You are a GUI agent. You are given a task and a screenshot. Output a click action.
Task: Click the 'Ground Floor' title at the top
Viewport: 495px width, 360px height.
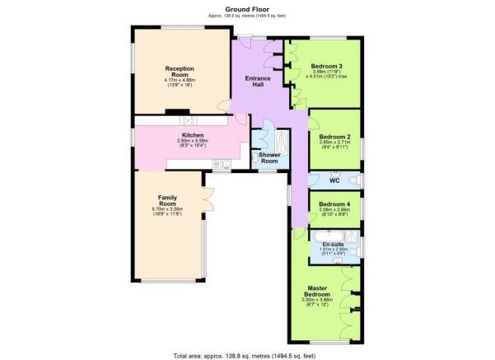coord(247,8)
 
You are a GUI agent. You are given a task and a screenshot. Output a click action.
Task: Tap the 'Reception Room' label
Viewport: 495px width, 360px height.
coord(179,72)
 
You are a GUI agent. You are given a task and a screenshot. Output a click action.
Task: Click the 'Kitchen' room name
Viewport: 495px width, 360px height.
coord(193,135)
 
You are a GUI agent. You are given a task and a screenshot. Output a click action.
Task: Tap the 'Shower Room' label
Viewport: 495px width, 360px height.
coord(269,157)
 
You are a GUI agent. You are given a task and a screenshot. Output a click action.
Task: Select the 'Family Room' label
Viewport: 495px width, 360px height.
coord(168,201)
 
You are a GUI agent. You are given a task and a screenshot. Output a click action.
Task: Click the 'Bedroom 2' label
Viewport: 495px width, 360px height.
coord(335,137)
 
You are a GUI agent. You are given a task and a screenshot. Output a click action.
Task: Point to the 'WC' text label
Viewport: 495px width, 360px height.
coord(334,180)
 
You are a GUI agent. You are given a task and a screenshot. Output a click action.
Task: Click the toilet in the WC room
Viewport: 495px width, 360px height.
coord(354,180)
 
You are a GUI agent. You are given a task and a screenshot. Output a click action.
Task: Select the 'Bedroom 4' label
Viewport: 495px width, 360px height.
coord(334,204)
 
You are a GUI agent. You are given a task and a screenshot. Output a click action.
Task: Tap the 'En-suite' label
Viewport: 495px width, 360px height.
coord(333,244)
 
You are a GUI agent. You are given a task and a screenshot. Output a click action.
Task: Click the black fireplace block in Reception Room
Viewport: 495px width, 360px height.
coord(175,111)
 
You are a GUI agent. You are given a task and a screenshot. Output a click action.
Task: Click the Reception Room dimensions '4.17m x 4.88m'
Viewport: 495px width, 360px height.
coord(179,80)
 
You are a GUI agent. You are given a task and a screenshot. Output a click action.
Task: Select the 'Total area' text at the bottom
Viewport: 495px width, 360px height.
coord(247,354)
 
